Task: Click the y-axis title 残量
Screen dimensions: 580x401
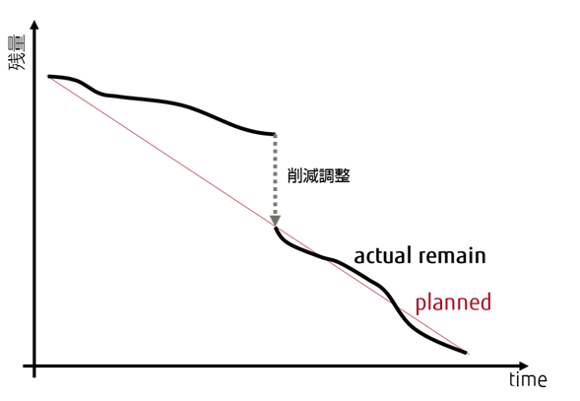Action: coord(17,52)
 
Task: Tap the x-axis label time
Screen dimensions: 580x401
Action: coord(528,380)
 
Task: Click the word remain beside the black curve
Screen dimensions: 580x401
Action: coord(452,256)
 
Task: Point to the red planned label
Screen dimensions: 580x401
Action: coord(454,302)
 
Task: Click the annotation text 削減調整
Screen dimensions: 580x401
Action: coord(318,175)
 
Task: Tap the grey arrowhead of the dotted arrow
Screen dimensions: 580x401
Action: coord(275,221)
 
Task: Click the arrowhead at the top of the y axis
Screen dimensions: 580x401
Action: coord(34,26)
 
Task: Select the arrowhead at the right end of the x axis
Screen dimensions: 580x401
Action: coord(524,366)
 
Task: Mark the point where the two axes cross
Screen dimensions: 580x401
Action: coord(34,366)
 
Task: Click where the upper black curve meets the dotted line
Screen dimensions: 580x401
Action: coord(275,134)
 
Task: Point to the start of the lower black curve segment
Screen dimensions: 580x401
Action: coord(275,229)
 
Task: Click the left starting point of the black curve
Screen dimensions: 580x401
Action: coord(49,76)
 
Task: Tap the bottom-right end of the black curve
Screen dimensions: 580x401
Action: coord(466,353)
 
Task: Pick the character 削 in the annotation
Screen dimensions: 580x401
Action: coord(294,175)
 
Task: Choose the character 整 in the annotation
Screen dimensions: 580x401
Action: coord(342,175)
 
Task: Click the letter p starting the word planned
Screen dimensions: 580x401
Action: coord(420,304)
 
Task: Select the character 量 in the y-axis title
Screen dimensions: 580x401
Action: coord(17,42)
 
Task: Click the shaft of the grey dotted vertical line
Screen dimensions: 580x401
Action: coord(275,174)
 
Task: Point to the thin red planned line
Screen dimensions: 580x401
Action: coord(258,215)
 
